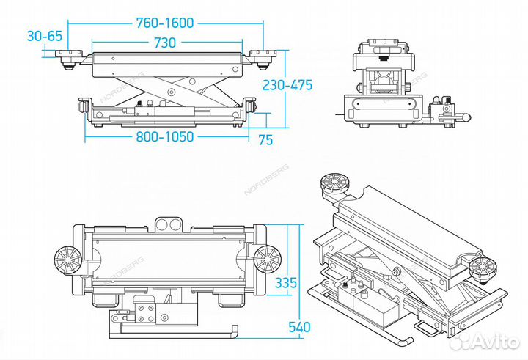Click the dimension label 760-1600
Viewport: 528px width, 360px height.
[165, 22]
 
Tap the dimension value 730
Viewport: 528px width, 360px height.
[165, 43]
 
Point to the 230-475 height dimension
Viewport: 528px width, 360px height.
[288, 85]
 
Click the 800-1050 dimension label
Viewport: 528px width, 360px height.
[165, 137]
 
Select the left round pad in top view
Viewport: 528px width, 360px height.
[67, 258]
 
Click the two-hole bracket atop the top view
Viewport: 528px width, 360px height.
[168, 223]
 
